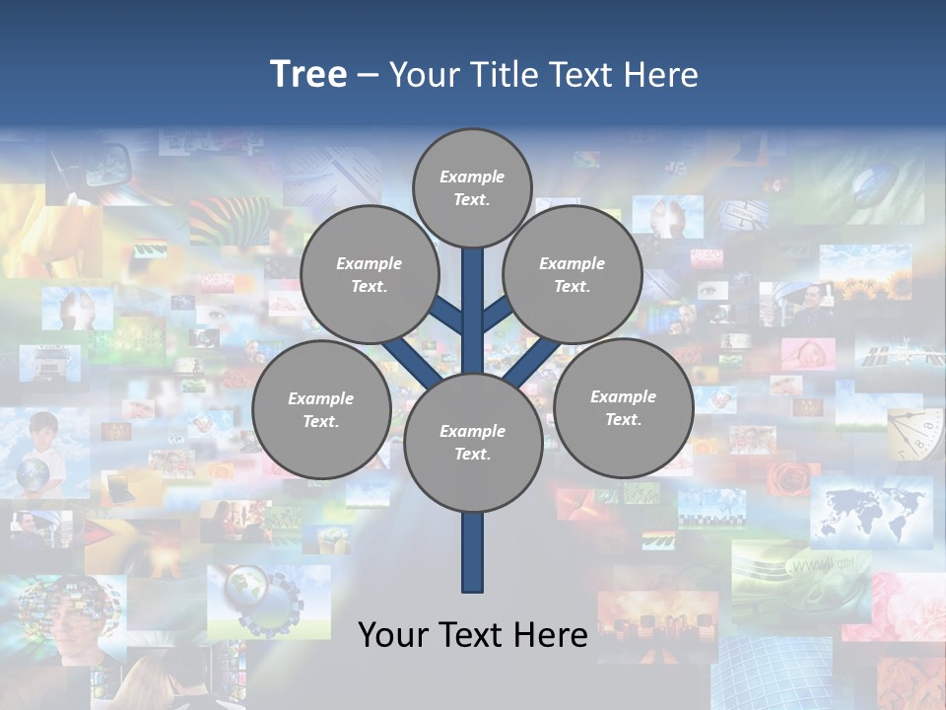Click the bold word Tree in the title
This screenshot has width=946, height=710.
coord(308,74)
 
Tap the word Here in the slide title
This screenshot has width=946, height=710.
coord(662,74)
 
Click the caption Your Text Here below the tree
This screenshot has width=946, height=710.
coord(472,634)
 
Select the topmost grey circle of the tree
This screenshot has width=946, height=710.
coord(472,187)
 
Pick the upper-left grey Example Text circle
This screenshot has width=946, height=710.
coord(370,274)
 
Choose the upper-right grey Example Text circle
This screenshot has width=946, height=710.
coord(573,274)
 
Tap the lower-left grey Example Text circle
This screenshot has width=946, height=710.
coord(321,409)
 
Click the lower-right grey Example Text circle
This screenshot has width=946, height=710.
coord(623,407)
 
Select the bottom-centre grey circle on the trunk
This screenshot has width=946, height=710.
coord(473,443)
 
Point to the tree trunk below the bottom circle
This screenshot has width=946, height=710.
coord(473,552)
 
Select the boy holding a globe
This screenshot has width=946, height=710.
coord(39,454)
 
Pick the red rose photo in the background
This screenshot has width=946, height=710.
coord(788,478)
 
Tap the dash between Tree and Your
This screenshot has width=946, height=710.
coord(368,76)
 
